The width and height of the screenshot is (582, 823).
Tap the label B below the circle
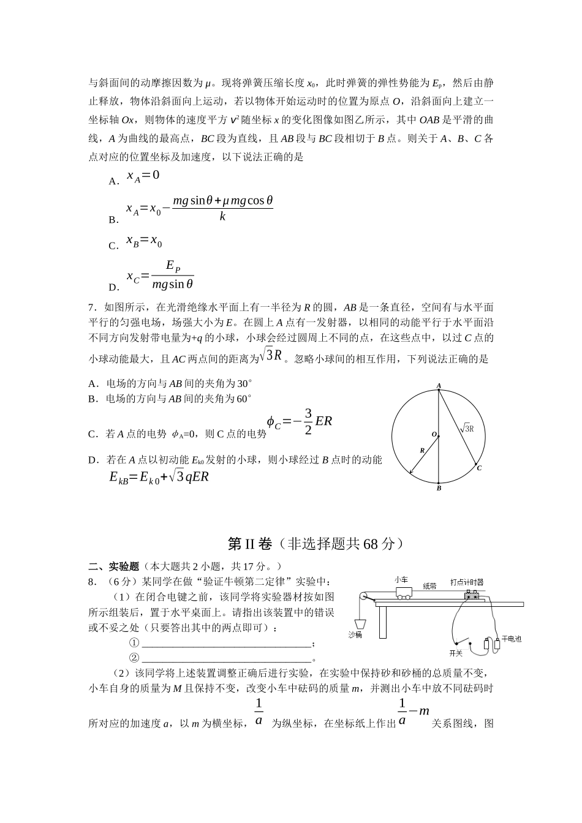point(439,488)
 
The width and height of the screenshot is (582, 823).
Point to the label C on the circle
point(479,468)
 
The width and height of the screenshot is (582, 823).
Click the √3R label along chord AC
point(467,429)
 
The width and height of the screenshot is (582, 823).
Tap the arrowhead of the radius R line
point(410,473)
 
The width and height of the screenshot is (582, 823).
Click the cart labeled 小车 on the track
point(403,593)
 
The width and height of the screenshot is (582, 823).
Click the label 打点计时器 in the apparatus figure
point(467,582)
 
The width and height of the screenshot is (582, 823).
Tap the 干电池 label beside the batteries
point(512,639)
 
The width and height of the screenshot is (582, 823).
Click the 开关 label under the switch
point(456,653)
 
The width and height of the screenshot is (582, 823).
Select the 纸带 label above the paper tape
point(430,585)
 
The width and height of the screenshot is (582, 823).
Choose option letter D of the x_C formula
point(113,287)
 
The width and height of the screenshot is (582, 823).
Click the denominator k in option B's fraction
point(222,216)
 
